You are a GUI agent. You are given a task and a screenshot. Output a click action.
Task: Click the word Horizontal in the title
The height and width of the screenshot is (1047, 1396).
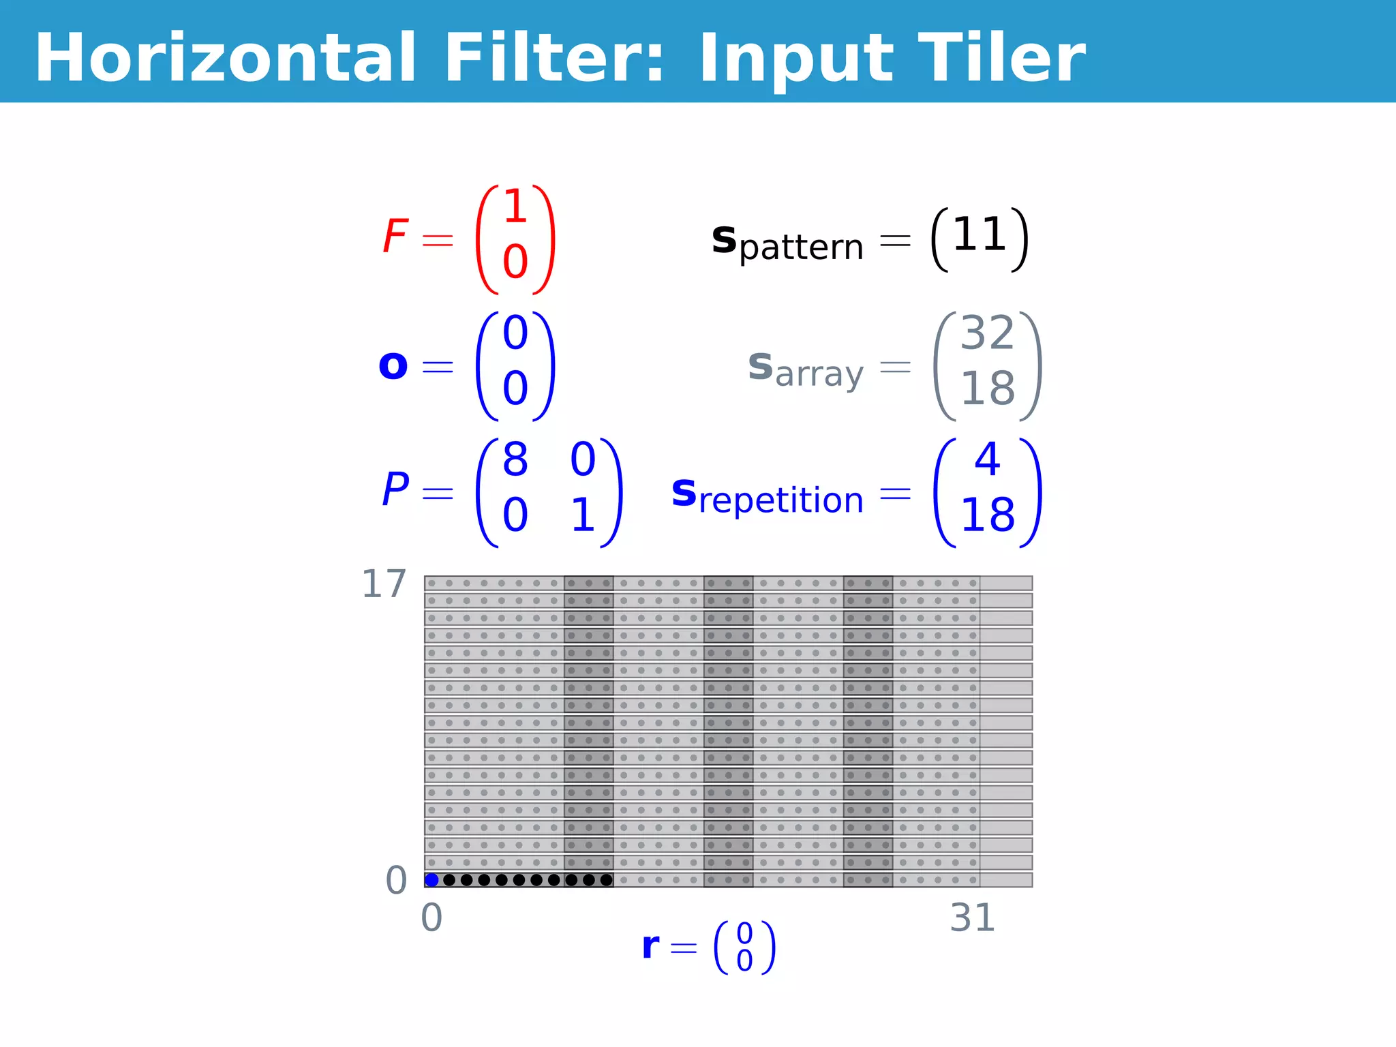(x=225, y=59)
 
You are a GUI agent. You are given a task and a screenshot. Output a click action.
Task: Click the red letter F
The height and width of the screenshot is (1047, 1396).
(x=395, y=236)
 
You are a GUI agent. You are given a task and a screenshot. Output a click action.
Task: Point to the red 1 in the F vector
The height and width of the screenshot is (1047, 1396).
(x=515, y=206)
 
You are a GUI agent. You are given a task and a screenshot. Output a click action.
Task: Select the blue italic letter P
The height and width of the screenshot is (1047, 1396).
(x=395, y=489)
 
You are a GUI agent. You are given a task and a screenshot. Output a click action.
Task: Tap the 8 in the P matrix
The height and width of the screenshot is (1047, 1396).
(x=515, y=459)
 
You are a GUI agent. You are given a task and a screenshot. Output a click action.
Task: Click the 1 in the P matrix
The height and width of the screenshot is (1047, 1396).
(x=583, y=515)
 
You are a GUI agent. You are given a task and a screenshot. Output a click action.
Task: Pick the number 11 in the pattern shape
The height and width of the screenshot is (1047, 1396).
(x=980, y=235)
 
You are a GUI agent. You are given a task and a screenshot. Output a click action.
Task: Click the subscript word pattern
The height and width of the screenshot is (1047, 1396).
(x=801, y=247)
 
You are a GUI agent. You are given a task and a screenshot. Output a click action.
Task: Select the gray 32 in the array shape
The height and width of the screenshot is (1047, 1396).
(x=988, y=333)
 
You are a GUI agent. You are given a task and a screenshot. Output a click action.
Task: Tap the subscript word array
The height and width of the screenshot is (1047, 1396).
(x=819, y=374)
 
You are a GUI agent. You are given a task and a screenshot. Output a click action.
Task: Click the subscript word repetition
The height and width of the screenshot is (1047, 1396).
(x=781, y=500)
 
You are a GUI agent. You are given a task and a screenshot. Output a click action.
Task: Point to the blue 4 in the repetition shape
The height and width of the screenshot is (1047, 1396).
(x=988, y=459)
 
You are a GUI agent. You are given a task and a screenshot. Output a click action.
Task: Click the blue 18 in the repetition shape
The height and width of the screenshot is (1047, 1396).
(x=988, y=515)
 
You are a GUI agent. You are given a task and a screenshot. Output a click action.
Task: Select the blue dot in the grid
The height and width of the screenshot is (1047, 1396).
(x=431, y=880)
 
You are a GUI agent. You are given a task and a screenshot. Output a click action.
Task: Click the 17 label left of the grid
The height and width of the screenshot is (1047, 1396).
(x=384, y=584)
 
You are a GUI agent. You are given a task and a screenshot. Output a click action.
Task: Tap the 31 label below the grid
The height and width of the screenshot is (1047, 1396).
(x=973, y=918)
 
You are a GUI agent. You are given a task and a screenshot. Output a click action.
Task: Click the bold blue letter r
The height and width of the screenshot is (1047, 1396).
(x=651, y=946)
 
